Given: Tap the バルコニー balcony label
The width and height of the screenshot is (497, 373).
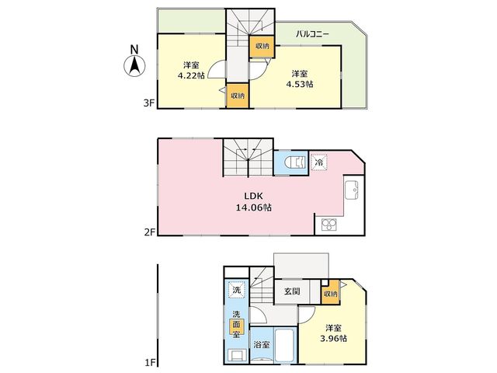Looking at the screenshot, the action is tap(312, 34).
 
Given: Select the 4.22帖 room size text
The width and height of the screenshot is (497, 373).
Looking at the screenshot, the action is tap(191, 75).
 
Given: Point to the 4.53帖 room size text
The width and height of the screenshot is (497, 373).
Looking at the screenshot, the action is tap(300, 84).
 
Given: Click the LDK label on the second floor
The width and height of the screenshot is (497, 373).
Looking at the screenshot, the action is tap(254, 196).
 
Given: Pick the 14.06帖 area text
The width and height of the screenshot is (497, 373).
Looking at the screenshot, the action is tap(254, 207).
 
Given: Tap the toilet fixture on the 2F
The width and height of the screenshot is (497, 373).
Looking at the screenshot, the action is tap(295, 162).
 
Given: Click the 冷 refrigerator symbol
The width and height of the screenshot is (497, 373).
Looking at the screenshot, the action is tap(319, 162).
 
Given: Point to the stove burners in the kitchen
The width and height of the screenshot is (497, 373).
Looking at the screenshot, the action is tap(329, 225).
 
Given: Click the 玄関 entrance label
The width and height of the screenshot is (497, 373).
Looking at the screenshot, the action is tap(292, 291).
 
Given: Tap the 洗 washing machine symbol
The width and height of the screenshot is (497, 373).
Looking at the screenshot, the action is tap(237, 290).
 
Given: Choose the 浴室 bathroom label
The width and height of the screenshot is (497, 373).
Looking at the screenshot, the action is tap(262, 344).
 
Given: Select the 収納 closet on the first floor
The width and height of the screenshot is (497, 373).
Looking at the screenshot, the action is tap(330, 294).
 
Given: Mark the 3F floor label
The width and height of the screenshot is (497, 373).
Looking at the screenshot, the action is tap(149, 103).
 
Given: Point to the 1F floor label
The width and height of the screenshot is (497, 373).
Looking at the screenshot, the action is tap(150, 361).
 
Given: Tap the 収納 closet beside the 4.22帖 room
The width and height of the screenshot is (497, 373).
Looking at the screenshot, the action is tap(238, 95).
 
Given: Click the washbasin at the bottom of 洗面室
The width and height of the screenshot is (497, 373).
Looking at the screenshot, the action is tap(237, 354).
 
